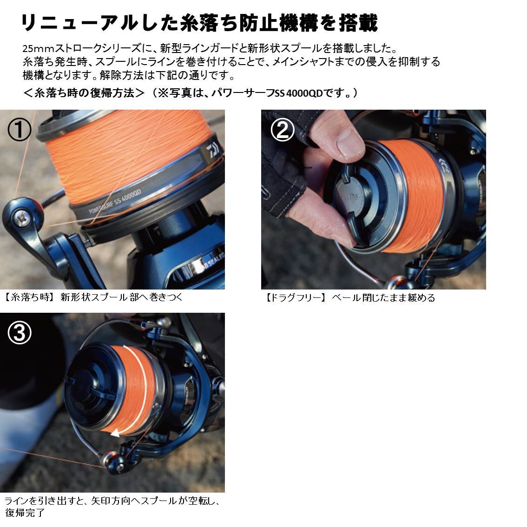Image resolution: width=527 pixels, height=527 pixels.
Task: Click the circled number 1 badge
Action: point(20,130)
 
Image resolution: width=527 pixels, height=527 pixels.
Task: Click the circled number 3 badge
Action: point(20,333)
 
